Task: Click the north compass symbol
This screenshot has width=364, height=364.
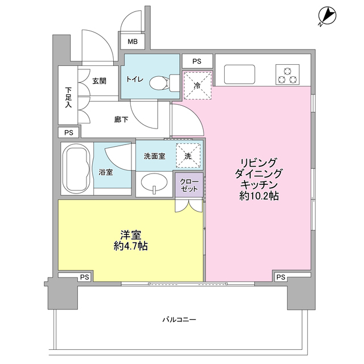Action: point(328,16)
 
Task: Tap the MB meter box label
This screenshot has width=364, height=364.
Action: point(133,42)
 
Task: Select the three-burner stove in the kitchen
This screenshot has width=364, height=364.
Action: point(287,75)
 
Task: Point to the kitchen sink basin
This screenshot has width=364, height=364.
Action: point(239,75)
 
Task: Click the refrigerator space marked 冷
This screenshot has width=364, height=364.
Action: point(197,85)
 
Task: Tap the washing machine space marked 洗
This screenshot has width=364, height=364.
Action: point(188,155)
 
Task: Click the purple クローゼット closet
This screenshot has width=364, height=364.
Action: point(189,185)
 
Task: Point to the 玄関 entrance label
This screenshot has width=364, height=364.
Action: point(100,81)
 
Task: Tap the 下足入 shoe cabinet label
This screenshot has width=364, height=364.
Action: point(68,97)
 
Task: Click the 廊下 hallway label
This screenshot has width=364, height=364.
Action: point(121,119)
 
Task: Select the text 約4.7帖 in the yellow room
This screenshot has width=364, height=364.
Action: point(131,246)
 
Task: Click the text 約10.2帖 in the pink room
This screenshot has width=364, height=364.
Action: point(259,196)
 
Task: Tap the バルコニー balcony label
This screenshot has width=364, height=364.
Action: point(179,320)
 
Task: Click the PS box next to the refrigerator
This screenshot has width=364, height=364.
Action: point(197,61)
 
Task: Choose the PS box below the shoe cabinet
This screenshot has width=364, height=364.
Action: point(69,133)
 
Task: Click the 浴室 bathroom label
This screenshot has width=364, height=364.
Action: point(106,172)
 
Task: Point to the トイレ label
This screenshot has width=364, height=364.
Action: point(135,80)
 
